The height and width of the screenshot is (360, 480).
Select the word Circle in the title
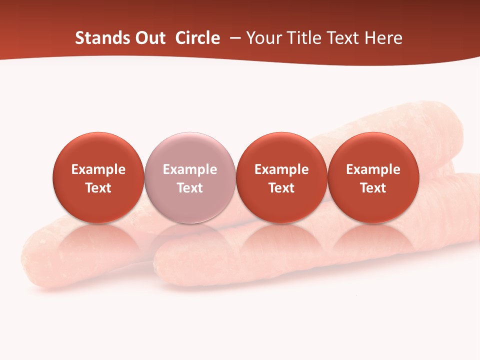[197, 38]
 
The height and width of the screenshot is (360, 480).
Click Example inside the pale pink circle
[190, 170]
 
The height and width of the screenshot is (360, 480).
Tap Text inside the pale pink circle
[190, 188]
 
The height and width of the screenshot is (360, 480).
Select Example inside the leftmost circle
[98, 170]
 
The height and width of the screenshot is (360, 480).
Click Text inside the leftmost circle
[98, 188]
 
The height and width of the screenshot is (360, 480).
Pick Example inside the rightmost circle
[373, 170]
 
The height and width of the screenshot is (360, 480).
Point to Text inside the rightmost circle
[373, 188]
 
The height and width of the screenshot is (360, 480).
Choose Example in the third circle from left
[281, 170]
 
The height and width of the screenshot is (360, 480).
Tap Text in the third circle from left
[281, 188]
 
